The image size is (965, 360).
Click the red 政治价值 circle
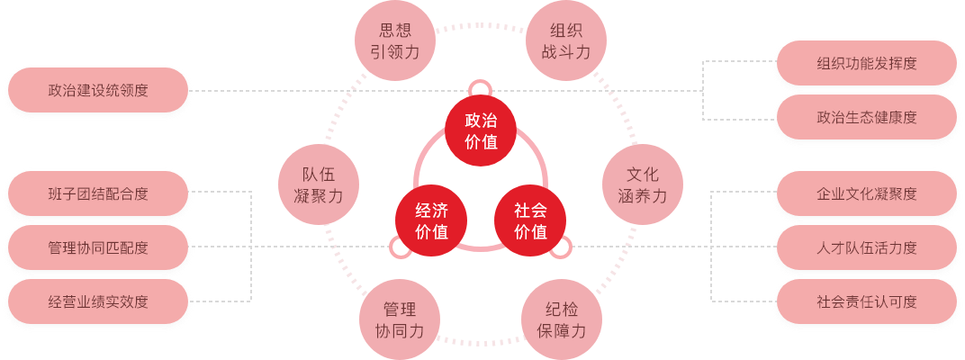click(480, 131)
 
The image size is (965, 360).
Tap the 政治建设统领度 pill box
click(98, 91)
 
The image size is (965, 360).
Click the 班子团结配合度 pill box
click(98, 193)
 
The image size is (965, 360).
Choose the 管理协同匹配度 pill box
click(98, 247)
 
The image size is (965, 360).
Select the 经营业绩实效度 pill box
click(98, 301)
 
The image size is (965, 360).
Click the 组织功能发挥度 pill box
click(867, 63)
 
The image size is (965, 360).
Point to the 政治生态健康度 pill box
click(867, 118)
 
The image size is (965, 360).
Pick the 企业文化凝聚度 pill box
click(867, 193)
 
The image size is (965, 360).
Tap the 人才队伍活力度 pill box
click(867, 247)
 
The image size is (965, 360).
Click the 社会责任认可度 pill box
click(867, 301)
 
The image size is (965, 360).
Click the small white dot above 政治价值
click(480, 89)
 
